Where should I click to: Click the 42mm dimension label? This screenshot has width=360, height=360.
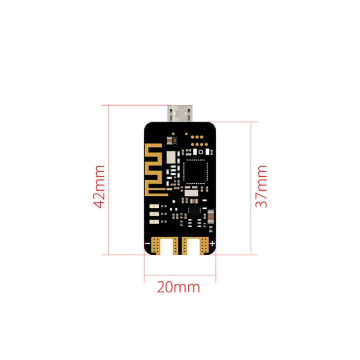coord(100,186)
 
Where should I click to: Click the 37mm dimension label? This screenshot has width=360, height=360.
coord(261,186)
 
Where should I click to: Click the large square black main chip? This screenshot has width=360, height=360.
coord(195,171)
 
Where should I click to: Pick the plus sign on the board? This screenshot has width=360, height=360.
coord(211,243)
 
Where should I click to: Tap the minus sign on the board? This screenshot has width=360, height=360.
coord(147,243)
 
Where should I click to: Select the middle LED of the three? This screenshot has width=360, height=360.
coord(153,214)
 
